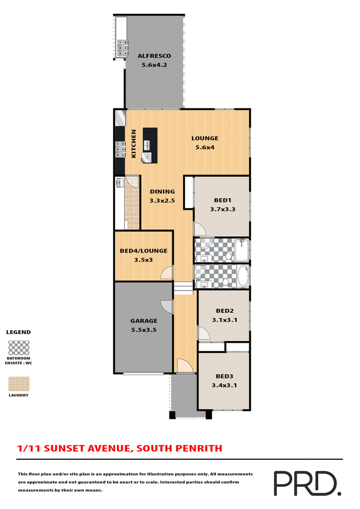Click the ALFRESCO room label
click(x=154, y=56)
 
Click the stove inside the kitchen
click(x=120, y=149)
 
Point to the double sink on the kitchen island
click(x=147, y=145)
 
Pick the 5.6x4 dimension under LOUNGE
click(x=205, y=147)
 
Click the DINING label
click(x=162, y=191)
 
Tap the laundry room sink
click(x=120, y=183)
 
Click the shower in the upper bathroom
click(x=242, y=251)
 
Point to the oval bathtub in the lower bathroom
click(x=243, y=276)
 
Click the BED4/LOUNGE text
click(x=144, y=251)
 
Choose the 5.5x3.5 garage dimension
click(x=144, y=330)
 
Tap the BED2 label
click(x=224, y=311)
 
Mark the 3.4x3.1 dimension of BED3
click(x=224, y=385)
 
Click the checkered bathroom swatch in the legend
click(x=19, y=348)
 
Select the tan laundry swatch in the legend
click(x=19, y=383)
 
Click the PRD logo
click(x=306, y=484)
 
